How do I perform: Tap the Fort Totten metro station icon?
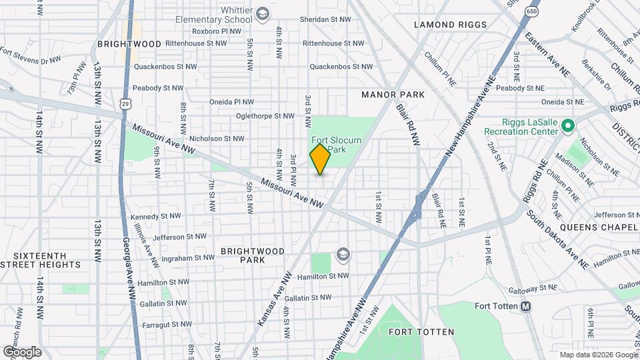pyautogui.click(x=526, y=306)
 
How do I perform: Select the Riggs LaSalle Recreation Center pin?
pyautogui.click(x=567, y=125)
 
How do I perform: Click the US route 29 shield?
pyautogui.click(x=125, y=103)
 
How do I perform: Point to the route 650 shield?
pyautogui.click(x=531, y=11)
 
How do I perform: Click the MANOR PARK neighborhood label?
pyautogui.click(x=393, y=95)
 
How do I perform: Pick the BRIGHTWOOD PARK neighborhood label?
pyautogui.click(x=253, y=255)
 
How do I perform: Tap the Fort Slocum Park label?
pyautogui.click(x=337, y=145)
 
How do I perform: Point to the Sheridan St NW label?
pyautogui.click(x=326, y=19)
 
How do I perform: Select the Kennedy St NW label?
pyautogui.click(x=155, y=217)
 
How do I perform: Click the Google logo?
pyautogui.click(x=21, y=351)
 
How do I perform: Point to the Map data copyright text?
pyautogui.click(x=597, y=355)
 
